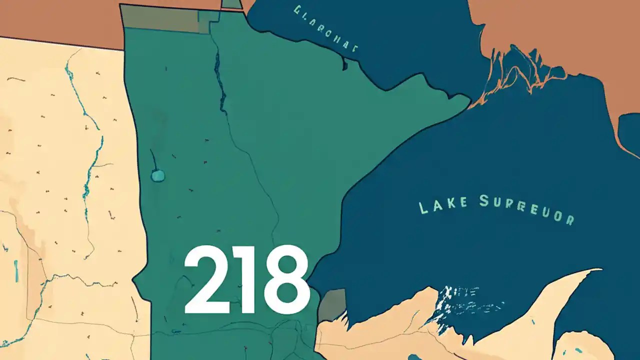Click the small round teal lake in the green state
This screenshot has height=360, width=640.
click(158, 175)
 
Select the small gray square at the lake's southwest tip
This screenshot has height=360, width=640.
click(332, 304)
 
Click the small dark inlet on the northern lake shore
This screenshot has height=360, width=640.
click(343, 64)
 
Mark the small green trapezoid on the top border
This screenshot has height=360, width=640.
click(231, 4)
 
